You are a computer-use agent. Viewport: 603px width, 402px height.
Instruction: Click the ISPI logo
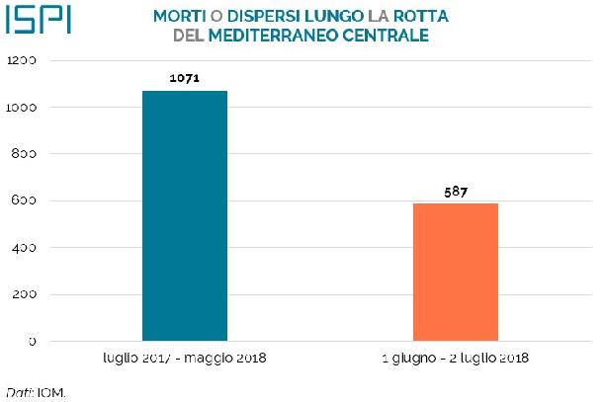click(38, 21)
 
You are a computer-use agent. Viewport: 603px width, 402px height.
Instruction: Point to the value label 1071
click(185, 77)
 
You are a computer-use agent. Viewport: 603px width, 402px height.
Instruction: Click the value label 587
click(455, 191)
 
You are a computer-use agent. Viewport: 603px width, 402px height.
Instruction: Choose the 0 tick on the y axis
click(33, 342)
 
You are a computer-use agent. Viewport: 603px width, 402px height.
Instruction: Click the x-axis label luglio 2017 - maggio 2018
click(185, 357)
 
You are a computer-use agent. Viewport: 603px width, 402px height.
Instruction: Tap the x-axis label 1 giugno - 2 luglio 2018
click(455, 357)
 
